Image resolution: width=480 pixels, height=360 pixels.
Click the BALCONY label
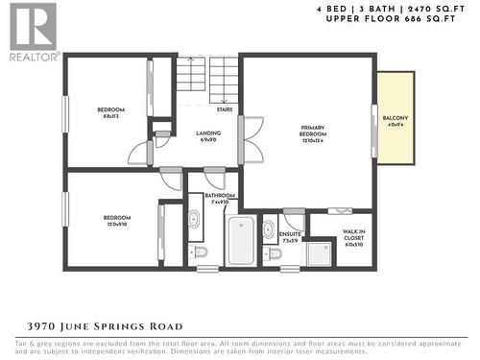(x=395, y=120)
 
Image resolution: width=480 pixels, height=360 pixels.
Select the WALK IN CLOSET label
(x=354, y=236)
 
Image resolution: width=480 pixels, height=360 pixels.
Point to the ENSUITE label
(x=291, y=236)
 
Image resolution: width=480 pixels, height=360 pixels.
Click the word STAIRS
(x=224, y=109)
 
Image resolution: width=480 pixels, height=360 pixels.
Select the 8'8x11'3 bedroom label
(x=110, y=112)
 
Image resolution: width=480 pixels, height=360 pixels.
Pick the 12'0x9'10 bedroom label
(x=116, y=221)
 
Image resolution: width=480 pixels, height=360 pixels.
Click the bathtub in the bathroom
(x=240, y=240)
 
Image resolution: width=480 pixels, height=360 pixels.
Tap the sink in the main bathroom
(x=194, y=220)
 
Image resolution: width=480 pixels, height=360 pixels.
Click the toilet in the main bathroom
(x=199, y=252)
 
